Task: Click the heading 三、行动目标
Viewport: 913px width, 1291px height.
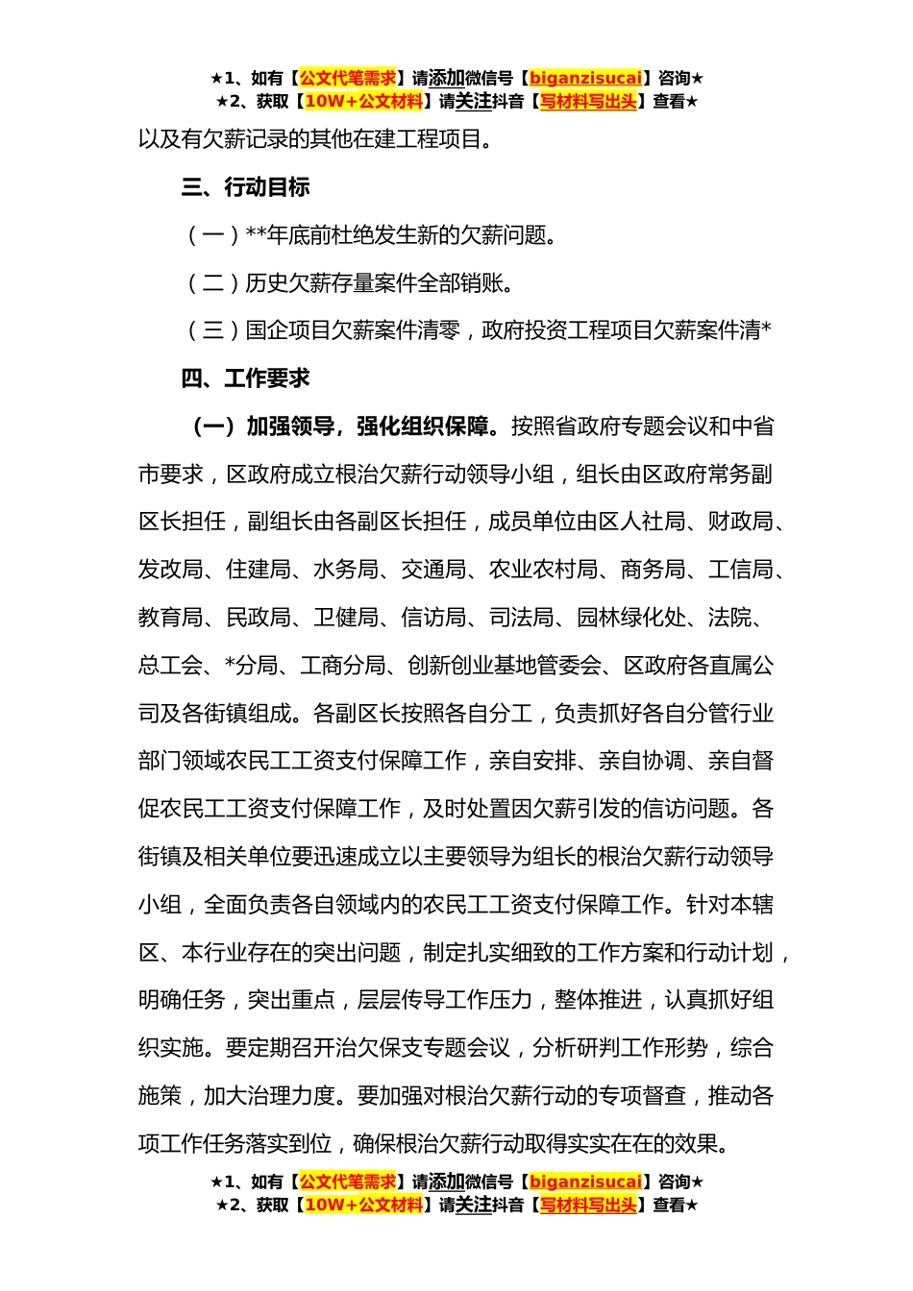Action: [x=245, y=187]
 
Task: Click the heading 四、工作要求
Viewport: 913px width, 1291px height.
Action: [x=245, y=378]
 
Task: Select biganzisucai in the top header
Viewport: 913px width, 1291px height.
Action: [x=585, y=79]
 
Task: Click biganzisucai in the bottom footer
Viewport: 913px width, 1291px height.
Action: [x=585, y=1182]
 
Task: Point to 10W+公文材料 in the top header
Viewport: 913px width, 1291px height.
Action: [x=363, y=102]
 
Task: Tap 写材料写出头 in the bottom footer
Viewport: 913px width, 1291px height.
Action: [x=588, y=1206]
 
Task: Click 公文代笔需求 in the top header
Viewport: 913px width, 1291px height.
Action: [x=348, y=79]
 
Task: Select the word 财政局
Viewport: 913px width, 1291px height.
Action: [x=741, y=522]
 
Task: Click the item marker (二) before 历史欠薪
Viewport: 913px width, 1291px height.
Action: [x=212, y=283]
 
